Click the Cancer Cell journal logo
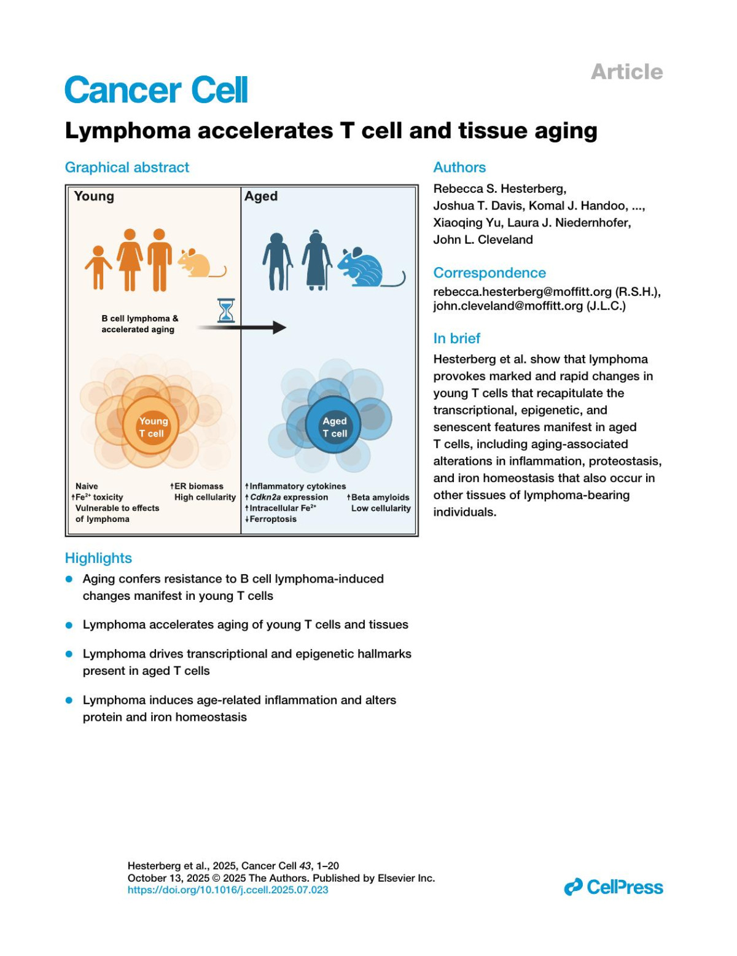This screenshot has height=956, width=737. (x=156, y=90)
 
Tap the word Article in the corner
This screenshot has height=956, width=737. (x=626, y=72)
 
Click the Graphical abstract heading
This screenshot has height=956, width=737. (x=127, y=168)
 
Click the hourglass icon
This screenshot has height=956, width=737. (x=226, y=310)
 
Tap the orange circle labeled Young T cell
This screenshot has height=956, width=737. (x=151, y=427)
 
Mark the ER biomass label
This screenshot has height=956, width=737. (x=197, y=486)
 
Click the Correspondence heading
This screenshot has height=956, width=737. (x=489, y=273)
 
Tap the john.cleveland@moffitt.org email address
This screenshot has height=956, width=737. (x=508, y=306)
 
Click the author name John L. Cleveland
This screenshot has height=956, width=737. (x=483, y=239)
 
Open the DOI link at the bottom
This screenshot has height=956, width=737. (x=228, y=890)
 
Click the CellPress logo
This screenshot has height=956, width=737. (x=614, y=887)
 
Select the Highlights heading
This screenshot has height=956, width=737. (x=98, y=558)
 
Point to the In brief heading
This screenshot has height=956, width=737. (x=456, y=338)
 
